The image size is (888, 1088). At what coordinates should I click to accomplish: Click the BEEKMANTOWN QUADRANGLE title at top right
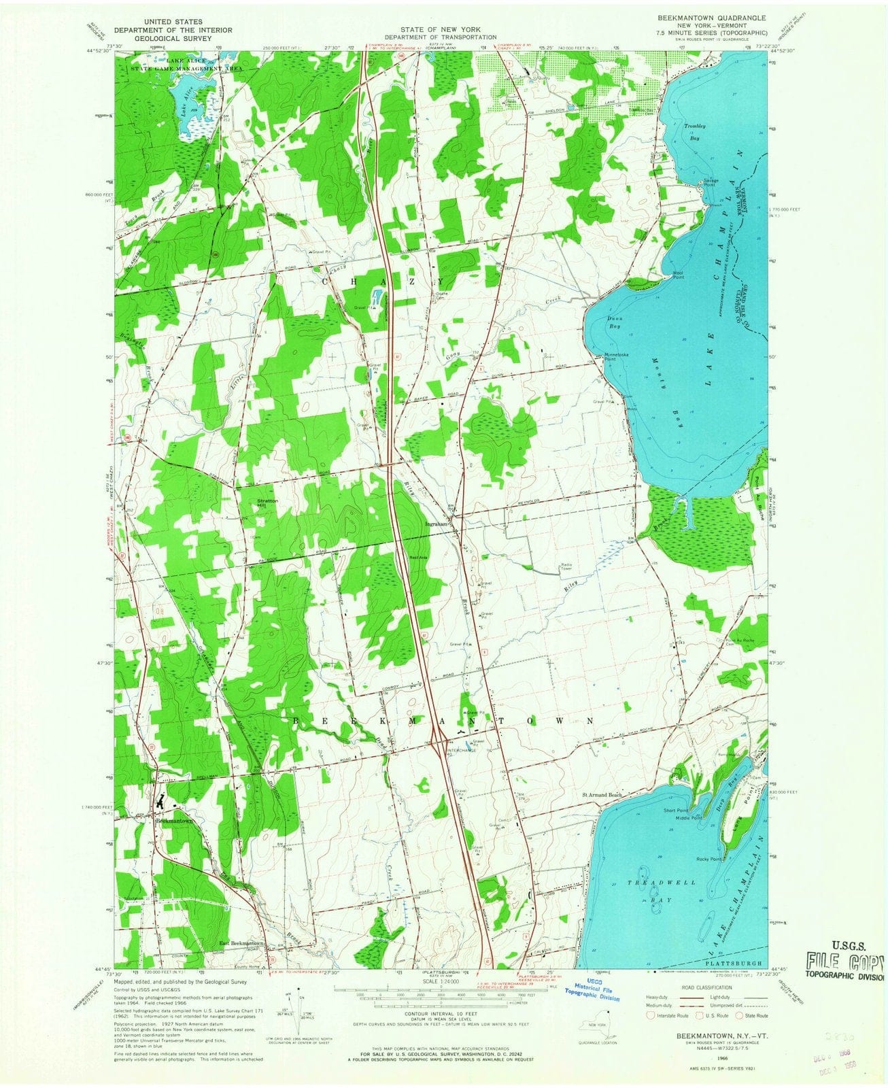pyautogui.click(x=711, y=18)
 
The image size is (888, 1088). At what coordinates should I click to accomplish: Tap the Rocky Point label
pyautogui.click(x=708, y=860)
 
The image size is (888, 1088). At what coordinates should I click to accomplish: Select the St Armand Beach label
pyautogui.click(x=601, y=795)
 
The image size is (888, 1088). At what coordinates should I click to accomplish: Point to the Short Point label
pyautogui.click(x=677, y=811)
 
